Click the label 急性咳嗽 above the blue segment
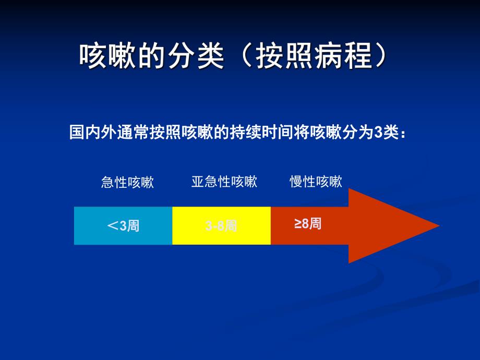click(127, 182)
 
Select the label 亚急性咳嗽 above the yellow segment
click(224, 182)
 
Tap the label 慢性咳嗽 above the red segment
click(316, 182)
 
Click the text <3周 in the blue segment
click(123, 226)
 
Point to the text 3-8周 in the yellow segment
click(221, 226)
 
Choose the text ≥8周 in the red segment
click(308, 224)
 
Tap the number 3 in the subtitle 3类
click(379, 133)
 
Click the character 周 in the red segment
click(315, 224)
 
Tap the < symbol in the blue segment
click(113, 226)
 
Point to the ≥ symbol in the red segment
click(298, 224)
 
